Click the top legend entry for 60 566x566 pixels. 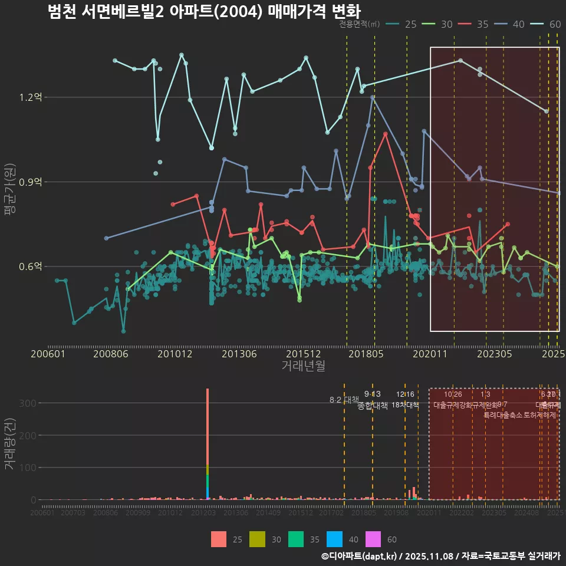pos(546,24)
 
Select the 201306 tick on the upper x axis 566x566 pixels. pos(239,354)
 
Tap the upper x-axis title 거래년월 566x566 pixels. pos(303,366)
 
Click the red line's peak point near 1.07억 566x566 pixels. pos(386,134)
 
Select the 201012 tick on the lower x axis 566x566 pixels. pos(170,514)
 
